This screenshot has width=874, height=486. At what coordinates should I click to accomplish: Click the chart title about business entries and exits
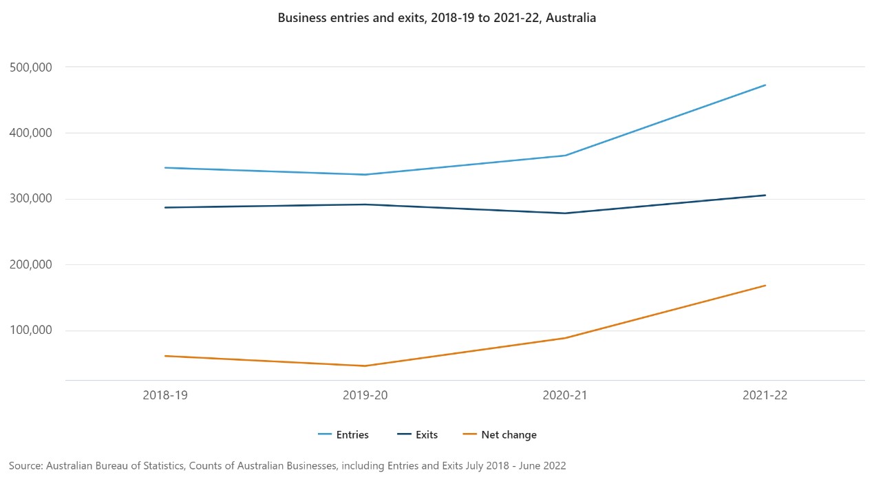tap(436, 18)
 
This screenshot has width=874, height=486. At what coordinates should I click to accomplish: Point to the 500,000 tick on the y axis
tap(33, 67)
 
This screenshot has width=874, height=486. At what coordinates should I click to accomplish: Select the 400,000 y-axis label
tap(33, 133)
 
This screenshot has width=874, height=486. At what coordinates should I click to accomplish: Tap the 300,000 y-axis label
tap(33, 199)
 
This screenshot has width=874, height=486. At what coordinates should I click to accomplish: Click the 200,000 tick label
tap(33, 265)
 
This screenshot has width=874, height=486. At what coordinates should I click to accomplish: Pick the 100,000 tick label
tap(33, 330)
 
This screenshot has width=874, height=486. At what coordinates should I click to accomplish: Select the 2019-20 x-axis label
tap(365, 396)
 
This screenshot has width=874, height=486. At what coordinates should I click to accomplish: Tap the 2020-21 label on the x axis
tap(565, 396)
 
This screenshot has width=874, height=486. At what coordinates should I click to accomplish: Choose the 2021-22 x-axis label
tap(765, 396)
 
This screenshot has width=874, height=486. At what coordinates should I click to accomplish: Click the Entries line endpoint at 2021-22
tap(765, 85)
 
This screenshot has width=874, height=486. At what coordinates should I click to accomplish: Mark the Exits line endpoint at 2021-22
tap(765, 195)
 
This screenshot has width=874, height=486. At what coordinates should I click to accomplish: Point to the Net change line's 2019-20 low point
tap(365, 366)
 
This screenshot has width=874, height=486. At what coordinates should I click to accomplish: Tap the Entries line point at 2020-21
tap(565, 156)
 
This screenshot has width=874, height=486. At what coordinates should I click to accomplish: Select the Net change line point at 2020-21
tap(565, 338)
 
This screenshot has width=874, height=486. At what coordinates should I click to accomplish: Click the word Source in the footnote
tap(25, 466)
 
